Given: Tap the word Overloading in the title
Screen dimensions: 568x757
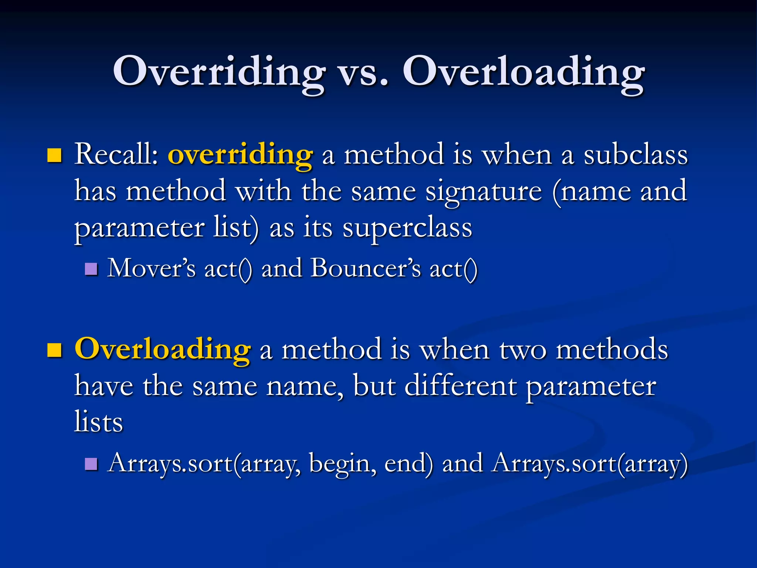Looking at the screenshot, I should pos(523,72).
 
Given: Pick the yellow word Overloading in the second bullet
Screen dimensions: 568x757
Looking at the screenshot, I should pos(163,349).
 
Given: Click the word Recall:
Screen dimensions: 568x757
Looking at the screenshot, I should pos(116,155).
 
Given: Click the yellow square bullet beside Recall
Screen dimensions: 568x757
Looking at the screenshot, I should pos(54,156).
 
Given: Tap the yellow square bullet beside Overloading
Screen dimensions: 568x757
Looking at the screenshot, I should pos(54,350).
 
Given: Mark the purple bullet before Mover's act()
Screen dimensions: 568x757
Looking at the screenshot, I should pos(91,269).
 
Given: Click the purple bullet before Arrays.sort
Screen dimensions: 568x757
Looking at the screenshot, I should pos(91,464).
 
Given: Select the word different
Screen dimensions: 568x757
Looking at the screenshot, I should pos(460,386).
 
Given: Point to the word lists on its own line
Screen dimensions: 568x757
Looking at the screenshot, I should pos(98,422).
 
